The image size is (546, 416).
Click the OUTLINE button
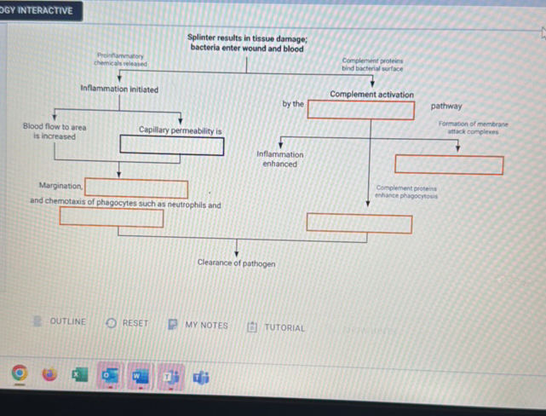[x=60, y=322]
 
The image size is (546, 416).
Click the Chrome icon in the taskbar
[x=20, y=373]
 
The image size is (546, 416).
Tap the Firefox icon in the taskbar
[x=49, y=374]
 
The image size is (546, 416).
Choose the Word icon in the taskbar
[x=138, y=374]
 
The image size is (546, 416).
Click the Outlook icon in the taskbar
[x=108, y=374]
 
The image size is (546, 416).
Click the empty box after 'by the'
[x=361, y=109]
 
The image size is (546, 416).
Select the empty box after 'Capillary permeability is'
[x=172, y=145]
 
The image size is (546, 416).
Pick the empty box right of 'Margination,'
[x=136, y=188]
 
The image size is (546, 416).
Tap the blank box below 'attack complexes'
[x=448, y=165]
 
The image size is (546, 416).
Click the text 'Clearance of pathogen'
[x=236, y=263]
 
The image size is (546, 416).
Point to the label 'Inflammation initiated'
[x=118, y=90]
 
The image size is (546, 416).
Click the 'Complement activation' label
[x=371, y=95]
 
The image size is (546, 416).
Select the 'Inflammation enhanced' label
[x=279, y=159]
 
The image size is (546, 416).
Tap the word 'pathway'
[x=446, y=107]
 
